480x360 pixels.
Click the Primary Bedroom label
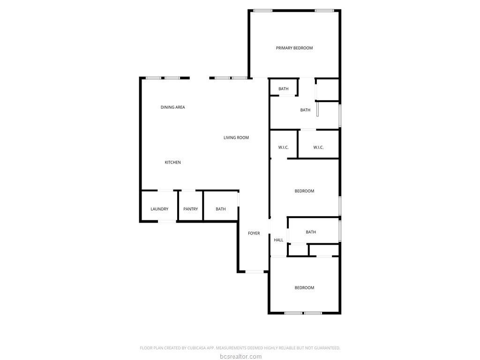pos(294,48)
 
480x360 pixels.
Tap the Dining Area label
pos(172,107)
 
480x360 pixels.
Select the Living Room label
pos(236,137)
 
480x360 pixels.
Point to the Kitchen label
pos(172,162)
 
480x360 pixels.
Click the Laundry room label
pos(159,209)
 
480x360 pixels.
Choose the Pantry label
pos(190,209)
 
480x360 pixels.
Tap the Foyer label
pos(254,233)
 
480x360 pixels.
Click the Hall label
pos(278,240)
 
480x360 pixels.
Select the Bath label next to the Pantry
pos(220,209)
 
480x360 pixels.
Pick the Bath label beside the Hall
pos(311,232)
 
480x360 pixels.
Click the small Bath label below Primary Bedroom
pos(283,89)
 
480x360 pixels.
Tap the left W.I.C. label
pos(283,147)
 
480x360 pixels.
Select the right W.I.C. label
pos(318,147)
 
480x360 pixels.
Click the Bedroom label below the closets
pos(304,191)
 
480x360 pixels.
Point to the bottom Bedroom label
pos(304,288)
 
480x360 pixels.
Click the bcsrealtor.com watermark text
pos(240,356)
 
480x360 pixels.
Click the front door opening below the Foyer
pos(255,271)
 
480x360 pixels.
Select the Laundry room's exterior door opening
pos(167,221)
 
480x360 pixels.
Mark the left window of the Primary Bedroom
pos(262,11)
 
